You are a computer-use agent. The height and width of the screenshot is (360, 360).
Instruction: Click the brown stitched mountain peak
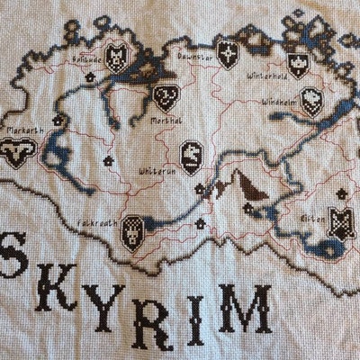(x=243, y=190)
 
